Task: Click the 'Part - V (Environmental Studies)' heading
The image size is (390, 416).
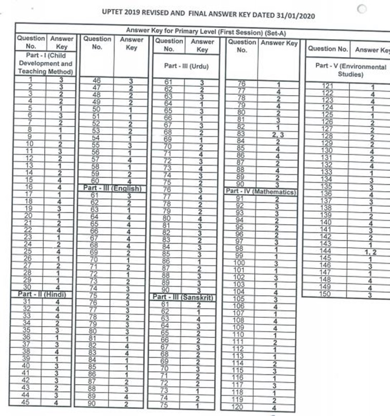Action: [350, 70]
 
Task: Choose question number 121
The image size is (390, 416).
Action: [327, 86]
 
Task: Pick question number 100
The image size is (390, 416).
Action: [238, 263]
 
